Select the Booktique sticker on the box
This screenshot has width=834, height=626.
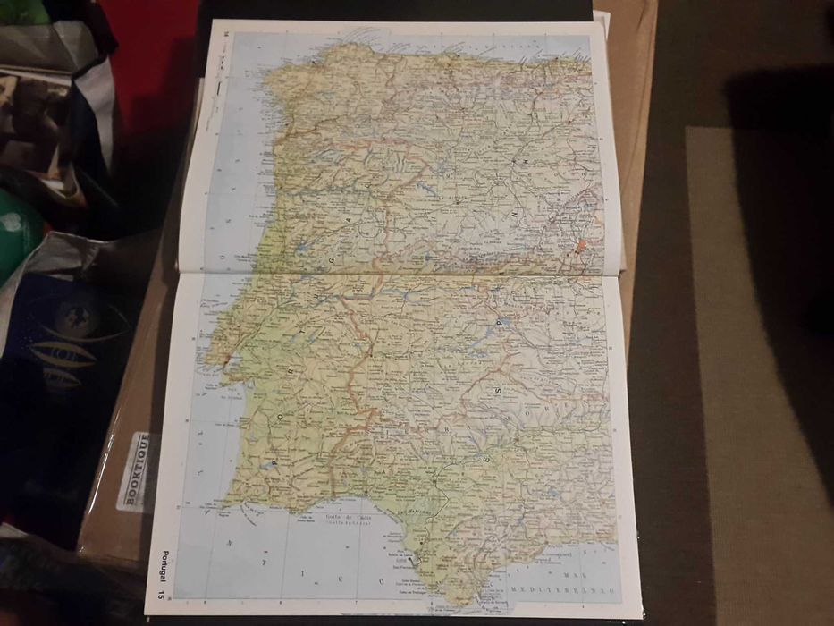[x=135, y=469]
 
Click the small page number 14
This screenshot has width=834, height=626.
[x=226, y=34]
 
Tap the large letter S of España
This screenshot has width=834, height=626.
[x=497, y=389]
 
